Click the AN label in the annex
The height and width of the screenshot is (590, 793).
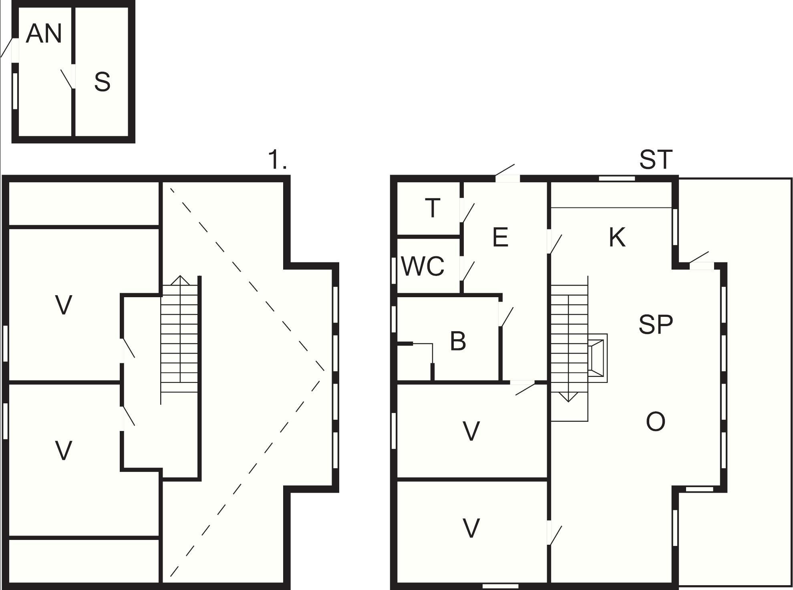click(44, 34)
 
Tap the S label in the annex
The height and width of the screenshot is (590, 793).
click(102, 82)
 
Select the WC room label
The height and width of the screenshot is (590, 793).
click(423, 266)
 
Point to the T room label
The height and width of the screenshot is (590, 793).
click(433, 208)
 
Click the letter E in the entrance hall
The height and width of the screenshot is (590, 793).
click(500, 237)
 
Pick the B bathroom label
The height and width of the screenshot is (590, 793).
click(458, 341)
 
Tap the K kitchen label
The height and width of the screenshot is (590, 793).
click(617, 237)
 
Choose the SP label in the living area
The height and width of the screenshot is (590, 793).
click(656, 324)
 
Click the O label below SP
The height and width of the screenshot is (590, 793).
click(656, 421)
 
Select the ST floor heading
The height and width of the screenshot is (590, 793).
click(656, 159)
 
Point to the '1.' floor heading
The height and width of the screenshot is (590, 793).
click(278, 159)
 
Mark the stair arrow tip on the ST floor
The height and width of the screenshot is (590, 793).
click(569, 401)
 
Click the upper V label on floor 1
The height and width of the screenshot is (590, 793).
click(64, 305)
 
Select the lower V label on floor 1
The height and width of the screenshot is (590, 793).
click(64, 450)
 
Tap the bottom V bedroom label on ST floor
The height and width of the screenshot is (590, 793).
click(471, 528)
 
